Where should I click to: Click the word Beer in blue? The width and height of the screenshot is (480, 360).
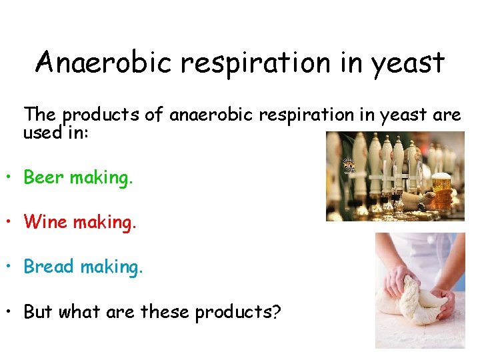point(44,177)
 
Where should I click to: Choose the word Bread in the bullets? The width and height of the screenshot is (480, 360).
point(49,267)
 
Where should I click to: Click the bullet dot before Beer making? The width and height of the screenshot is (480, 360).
point(11,179)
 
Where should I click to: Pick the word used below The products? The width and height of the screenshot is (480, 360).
point(42,132)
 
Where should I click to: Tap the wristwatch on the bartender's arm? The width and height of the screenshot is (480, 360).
point(421,198)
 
